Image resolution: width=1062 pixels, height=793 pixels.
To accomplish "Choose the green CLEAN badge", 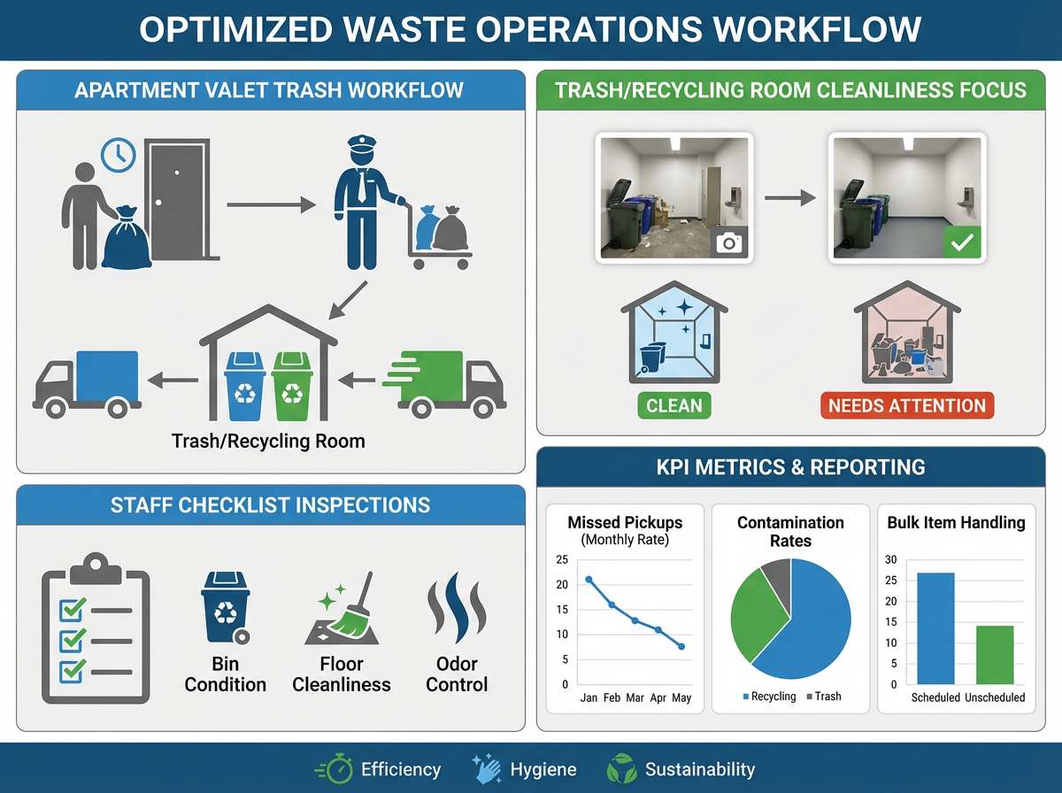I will [x=674, y=406].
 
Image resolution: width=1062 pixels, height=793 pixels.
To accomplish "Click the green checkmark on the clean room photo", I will [x=963, y=241].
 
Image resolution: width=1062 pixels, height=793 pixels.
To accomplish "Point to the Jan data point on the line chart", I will [x=589, y=580].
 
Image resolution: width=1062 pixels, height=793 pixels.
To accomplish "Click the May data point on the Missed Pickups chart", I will [x=681, y=647].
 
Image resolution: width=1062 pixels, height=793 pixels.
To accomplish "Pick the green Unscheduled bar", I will [x=995, y=655].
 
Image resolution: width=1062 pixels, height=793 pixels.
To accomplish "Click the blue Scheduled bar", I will [x=935, y=628].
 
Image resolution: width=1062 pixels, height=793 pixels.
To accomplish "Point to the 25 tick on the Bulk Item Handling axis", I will [x=890, y=581].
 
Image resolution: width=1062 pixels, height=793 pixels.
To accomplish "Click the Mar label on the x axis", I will [x=635, y=698].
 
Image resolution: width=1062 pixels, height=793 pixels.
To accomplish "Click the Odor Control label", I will [x=457, y=674].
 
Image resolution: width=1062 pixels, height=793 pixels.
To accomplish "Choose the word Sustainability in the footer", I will [x=699, y=769].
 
